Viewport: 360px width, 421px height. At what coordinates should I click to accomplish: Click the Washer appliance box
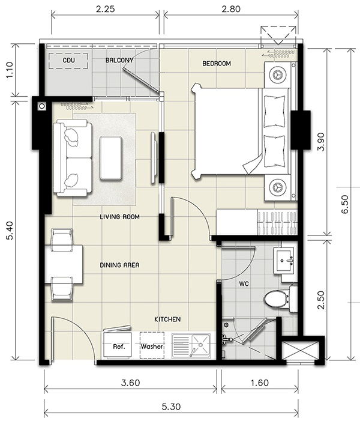pos(152,347)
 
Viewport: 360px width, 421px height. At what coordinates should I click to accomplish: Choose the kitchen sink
pos(191,346)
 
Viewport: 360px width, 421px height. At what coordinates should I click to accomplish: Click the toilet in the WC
pos(278,298)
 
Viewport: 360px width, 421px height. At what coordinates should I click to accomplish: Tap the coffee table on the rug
pos(112,157)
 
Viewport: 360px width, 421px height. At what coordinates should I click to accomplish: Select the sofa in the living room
pos(72,157)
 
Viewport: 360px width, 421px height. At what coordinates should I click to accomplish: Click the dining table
pos(64,264)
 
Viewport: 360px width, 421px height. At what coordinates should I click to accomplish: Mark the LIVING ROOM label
pos(120,217)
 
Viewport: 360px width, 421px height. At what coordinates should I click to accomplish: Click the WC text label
pos(244,282)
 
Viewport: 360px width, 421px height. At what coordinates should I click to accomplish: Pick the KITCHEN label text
pos(167,320)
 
